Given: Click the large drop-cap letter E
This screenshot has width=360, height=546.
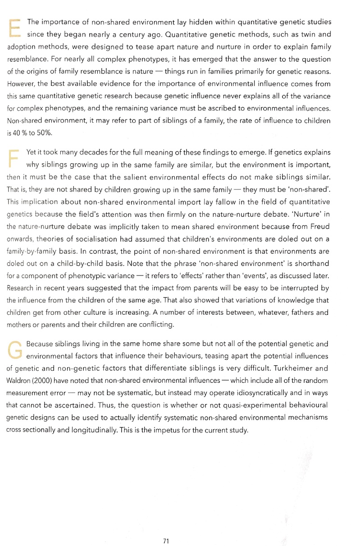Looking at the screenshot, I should (15, 28).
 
